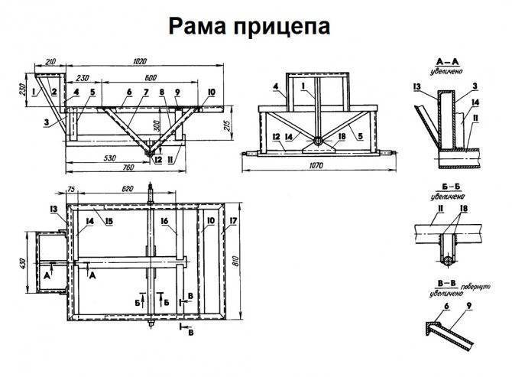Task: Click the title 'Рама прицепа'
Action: (x=249, y=26)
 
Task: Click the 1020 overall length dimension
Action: (x=139, y=61)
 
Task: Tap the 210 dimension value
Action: (x=50, y=61)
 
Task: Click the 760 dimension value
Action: (x=107, y=168)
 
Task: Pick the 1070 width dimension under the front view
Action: (x=316, y=164)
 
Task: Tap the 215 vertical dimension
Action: (x=228, y=125)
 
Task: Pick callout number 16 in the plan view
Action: (x=164, y=221)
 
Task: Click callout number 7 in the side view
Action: (x=146, y=92)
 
